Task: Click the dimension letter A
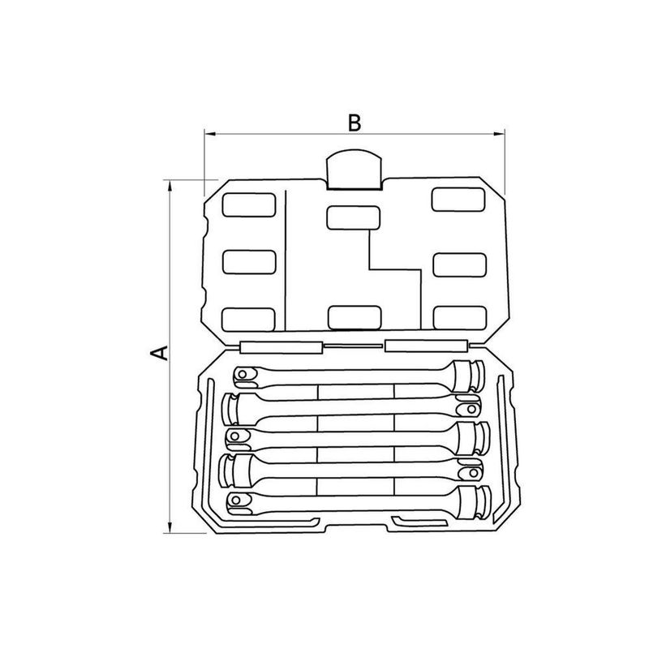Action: click(x=159, y=353)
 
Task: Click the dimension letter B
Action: click(x=355, y=123)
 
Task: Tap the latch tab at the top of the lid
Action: click(x=354, y=170)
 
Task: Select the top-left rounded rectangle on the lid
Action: click(x=249, y=205)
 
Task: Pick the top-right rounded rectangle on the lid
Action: click(x=458, y=199)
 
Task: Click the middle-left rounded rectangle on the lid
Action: click(x=249, y=262)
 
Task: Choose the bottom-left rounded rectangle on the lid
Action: click(x=249, y=320)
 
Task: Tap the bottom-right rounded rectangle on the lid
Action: click(x=460, y=318)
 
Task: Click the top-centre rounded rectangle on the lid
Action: click(x=353, y=217)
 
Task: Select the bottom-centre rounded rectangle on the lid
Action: click(x=355, y=318)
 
